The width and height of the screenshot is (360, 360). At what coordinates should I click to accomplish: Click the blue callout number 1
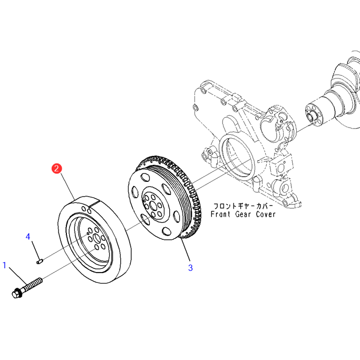point(5,265)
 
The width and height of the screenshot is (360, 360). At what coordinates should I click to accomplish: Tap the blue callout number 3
point(190,268)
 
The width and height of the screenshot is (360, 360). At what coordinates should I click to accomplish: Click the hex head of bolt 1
point(16,291)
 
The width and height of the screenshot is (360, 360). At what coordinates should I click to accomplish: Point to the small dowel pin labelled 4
point(40,259)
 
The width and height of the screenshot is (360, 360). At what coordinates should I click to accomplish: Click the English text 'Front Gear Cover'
point(243,215)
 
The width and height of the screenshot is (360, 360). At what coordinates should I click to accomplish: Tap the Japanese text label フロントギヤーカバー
point(244,206)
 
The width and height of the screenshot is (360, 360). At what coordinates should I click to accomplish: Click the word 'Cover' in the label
point(265,215)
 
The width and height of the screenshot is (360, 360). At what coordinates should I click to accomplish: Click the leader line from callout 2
point(66,185)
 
